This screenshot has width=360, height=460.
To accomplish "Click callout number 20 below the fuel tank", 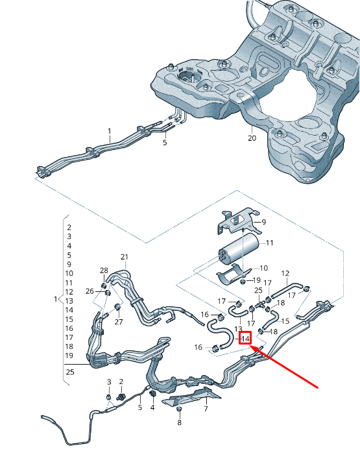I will click(x=252, y=138).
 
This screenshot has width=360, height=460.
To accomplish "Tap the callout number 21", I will click(x=125, y=257).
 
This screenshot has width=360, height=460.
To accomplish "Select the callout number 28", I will click(x=104, y=271).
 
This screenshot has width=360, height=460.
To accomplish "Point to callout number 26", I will click(x=90, y=291).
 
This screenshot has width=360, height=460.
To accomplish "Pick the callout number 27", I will click(x=118, y=321).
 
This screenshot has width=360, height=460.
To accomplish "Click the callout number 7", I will click(x=206, y=409).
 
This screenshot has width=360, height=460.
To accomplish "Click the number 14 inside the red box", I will click(x=245, y=339).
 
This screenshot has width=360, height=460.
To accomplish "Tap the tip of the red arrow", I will click(x=250, y=346).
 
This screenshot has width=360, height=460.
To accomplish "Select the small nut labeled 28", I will click(x=104, y=281).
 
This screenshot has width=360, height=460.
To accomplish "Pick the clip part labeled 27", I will click(x=117, y=307).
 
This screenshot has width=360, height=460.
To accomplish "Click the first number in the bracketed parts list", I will click(x=69, y=228).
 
